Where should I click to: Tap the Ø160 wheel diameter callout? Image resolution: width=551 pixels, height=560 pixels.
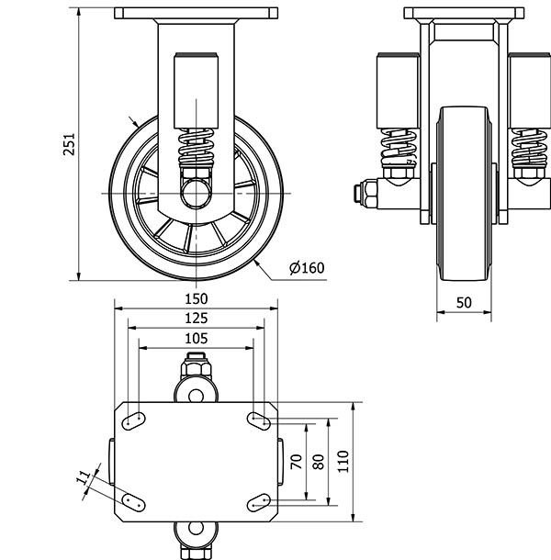pos(307,268)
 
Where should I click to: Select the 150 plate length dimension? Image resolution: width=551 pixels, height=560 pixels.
pos(196,298)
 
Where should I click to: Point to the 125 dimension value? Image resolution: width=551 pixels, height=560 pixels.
pos(196,318)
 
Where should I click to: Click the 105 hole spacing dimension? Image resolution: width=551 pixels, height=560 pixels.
pos(196,338)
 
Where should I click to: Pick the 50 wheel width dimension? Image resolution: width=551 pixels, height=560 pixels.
pos(464,302)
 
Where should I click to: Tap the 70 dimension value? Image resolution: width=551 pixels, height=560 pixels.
pos(296,462)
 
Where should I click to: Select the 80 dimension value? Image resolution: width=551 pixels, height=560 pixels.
pos(318,462)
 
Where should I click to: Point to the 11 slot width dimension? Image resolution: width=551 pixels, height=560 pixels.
pos(84,476)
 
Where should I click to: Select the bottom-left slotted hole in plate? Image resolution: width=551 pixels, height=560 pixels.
pos(133,503)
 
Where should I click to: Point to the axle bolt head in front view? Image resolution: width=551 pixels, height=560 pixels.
pos(360,194)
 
